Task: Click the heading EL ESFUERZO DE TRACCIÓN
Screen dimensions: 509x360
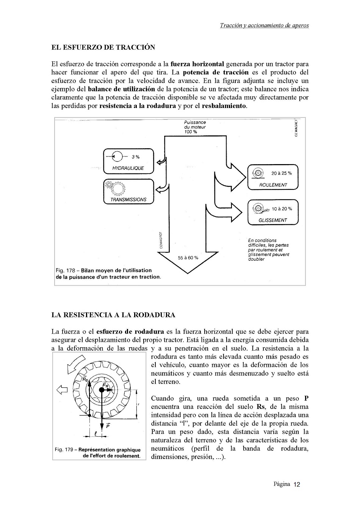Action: (x=103, y=47)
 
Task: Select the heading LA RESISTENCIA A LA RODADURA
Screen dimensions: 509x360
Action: (x=113, y=315)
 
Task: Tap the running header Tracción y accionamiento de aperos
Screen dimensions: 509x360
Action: (x=264, y=25)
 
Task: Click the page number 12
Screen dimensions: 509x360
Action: (x=297, y=484)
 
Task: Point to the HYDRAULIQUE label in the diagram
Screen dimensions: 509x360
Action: (x=128, y=168)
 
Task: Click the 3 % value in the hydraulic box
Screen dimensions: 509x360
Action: (x=135, y=157)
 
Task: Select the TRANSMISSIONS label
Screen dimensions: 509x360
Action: (x=128, y=199)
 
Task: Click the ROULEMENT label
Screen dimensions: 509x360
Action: (x=273, y=185)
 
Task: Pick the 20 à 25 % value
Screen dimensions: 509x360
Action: (x=282, y=173)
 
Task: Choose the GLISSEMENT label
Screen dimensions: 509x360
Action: (x=273, y=220)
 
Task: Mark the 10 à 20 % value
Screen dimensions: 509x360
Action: (x=282, y=209)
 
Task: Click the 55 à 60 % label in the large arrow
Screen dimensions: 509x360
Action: (x=188, y=258)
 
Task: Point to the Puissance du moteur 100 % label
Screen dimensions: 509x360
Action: (x=195, y=127)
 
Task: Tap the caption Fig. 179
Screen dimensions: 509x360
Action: (x=98, y=453)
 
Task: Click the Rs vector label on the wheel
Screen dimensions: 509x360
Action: (x=85, y=379)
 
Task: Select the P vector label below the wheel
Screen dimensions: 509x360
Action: (x=108, y=426)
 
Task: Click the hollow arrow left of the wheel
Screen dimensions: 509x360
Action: (x=62, y=390)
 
